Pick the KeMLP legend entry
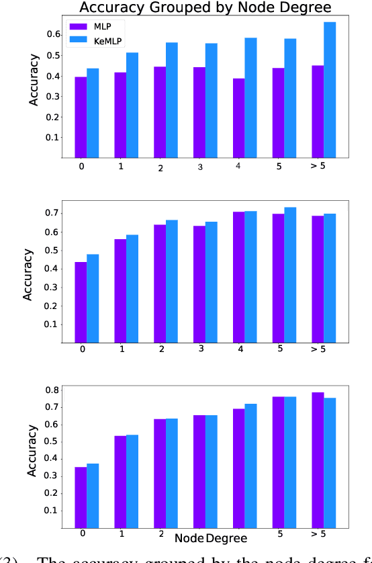107,41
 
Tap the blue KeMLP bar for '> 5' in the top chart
330,90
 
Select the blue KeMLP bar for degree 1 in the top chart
132,105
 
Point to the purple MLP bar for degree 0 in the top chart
81,118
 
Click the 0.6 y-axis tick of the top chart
53,34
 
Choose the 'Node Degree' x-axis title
210,538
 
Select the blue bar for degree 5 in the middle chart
290,275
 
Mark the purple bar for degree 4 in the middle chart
238,277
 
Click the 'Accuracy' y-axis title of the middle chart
28,274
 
